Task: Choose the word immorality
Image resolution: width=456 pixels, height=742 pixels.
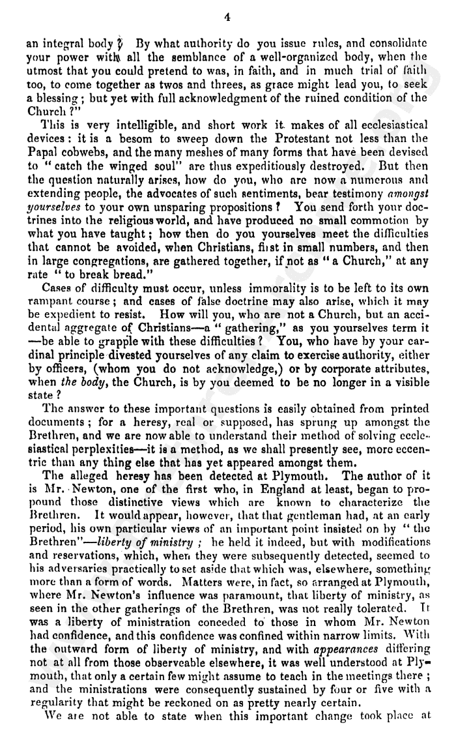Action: click(287, 287)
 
